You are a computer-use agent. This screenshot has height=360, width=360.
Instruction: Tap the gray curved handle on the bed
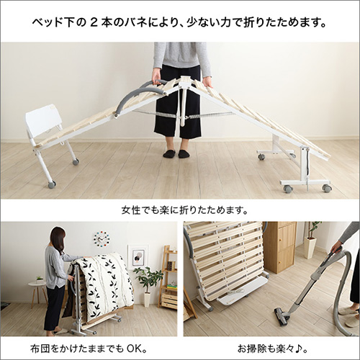click(134, 100)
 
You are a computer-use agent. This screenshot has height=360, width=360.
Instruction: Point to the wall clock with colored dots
click(102, 238)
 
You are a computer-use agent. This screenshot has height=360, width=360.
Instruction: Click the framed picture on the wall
click(137, 256)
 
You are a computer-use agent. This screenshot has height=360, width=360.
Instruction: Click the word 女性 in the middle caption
click(132, 211)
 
